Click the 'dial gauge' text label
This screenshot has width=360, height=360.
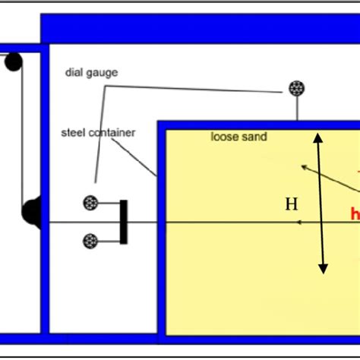[91, 73]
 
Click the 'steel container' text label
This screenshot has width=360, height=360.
[98, 133]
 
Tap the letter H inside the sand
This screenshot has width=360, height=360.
[291, 204]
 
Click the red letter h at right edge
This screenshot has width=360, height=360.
[355, 214]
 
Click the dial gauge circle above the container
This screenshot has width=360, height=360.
[296, 89]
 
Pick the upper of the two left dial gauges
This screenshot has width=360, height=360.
[91, 203]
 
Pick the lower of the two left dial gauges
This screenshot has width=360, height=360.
[91, 241]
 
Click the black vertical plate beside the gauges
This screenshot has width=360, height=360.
[124, 222]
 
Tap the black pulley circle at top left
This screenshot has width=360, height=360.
[13, 62]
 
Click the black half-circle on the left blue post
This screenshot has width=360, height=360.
[31, 213]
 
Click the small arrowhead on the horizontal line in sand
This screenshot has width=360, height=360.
[300, 222]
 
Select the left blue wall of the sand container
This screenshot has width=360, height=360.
[162, 228]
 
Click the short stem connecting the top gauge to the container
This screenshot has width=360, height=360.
[296, 109]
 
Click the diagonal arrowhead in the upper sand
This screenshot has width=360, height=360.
[304, 166]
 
